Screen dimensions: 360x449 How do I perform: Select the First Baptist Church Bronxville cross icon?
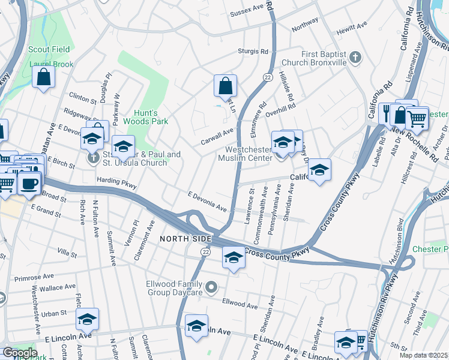point(355,58)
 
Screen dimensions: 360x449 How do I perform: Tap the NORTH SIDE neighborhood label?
point(185,239)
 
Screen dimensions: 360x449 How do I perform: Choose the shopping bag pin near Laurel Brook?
point(43,77)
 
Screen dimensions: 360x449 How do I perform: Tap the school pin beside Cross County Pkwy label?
point(234,258)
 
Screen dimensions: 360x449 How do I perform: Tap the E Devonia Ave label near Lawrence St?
point(207,202)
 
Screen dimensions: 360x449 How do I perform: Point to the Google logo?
point(19,353)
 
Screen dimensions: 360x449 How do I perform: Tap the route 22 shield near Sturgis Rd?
point(266,77)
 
